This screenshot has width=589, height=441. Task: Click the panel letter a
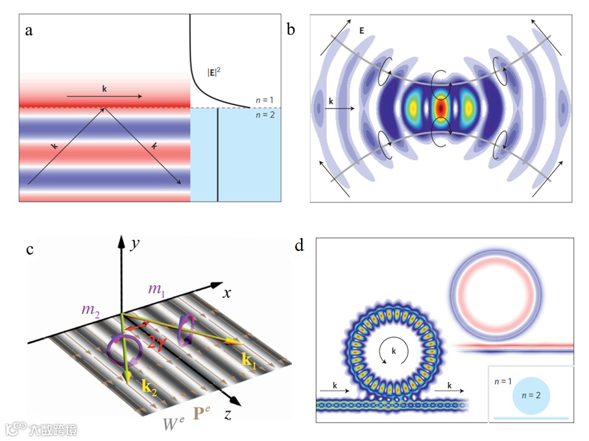point(29,30)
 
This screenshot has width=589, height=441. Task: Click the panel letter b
point(292,29)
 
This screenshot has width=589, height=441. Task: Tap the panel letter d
point(299,246)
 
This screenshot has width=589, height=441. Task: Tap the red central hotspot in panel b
point(440,107)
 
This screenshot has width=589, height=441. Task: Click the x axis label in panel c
point(227,293)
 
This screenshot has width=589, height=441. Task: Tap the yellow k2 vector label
point(150,388)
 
